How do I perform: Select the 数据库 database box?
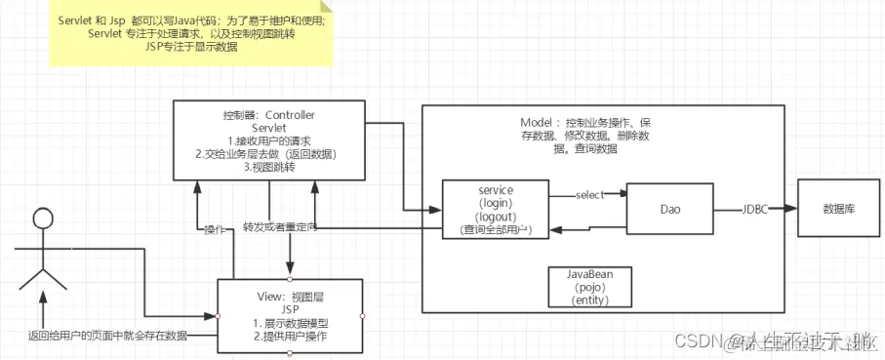839,209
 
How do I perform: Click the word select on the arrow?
590,195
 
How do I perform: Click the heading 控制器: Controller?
268,114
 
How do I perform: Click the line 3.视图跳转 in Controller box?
269,167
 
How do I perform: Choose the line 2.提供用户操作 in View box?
290,337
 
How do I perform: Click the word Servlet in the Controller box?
268,128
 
